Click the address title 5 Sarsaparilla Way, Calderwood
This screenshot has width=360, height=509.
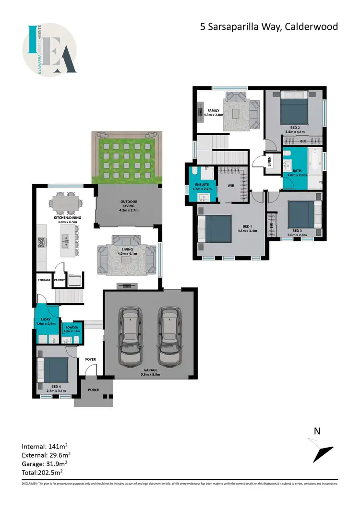coord(269,26)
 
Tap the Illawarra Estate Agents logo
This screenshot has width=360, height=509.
coord(49,49)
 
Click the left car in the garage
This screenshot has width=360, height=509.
coord(131,336)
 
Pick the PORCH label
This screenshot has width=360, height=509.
coord(94,390)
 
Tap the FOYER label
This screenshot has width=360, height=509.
coord(90,359)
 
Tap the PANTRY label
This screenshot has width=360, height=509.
coord(59,280)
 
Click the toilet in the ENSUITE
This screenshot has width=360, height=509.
coord(194,172)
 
